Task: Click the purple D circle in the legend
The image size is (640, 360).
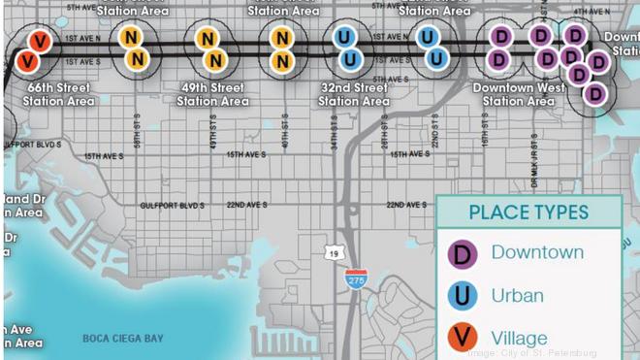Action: point(463,254)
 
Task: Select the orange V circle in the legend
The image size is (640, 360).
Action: point(463,338)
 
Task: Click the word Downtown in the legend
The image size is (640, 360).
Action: point(537,252)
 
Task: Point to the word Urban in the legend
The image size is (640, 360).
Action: point(517,295)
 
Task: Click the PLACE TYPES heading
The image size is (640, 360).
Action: point(528,213)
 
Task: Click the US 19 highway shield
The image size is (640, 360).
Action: point(332,252)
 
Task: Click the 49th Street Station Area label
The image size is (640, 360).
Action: point(212,94)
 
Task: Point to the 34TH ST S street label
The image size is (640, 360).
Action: point(333,128)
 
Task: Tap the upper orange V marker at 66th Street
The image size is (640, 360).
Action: point(39,41)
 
